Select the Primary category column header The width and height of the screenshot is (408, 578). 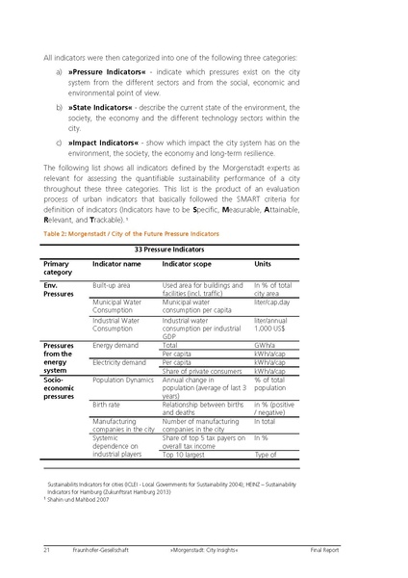58,268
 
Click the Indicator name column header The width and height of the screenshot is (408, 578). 116,263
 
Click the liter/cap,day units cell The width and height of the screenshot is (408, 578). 274,302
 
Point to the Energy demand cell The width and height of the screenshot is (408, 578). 115,345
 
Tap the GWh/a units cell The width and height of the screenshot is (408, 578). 266,345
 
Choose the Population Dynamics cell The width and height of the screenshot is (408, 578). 124,381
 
